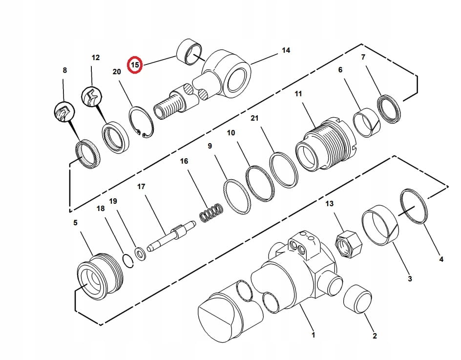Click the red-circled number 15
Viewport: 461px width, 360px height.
135,64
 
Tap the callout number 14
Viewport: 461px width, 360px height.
286,51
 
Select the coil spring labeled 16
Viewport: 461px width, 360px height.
211,212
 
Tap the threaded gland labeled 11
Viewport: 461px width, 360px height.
326,144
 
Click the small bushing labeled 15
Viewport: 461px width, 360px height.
189,52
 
